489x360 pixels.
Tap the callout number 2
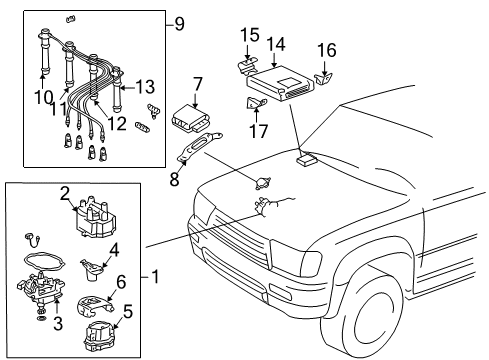click(x=63, y=193)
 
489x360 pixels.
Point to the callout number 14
click(x=275, y=43)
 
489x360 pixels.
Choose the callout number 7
click(x=198, y=84)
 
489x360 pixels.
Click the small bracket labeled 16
click(x=324, y=72)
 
